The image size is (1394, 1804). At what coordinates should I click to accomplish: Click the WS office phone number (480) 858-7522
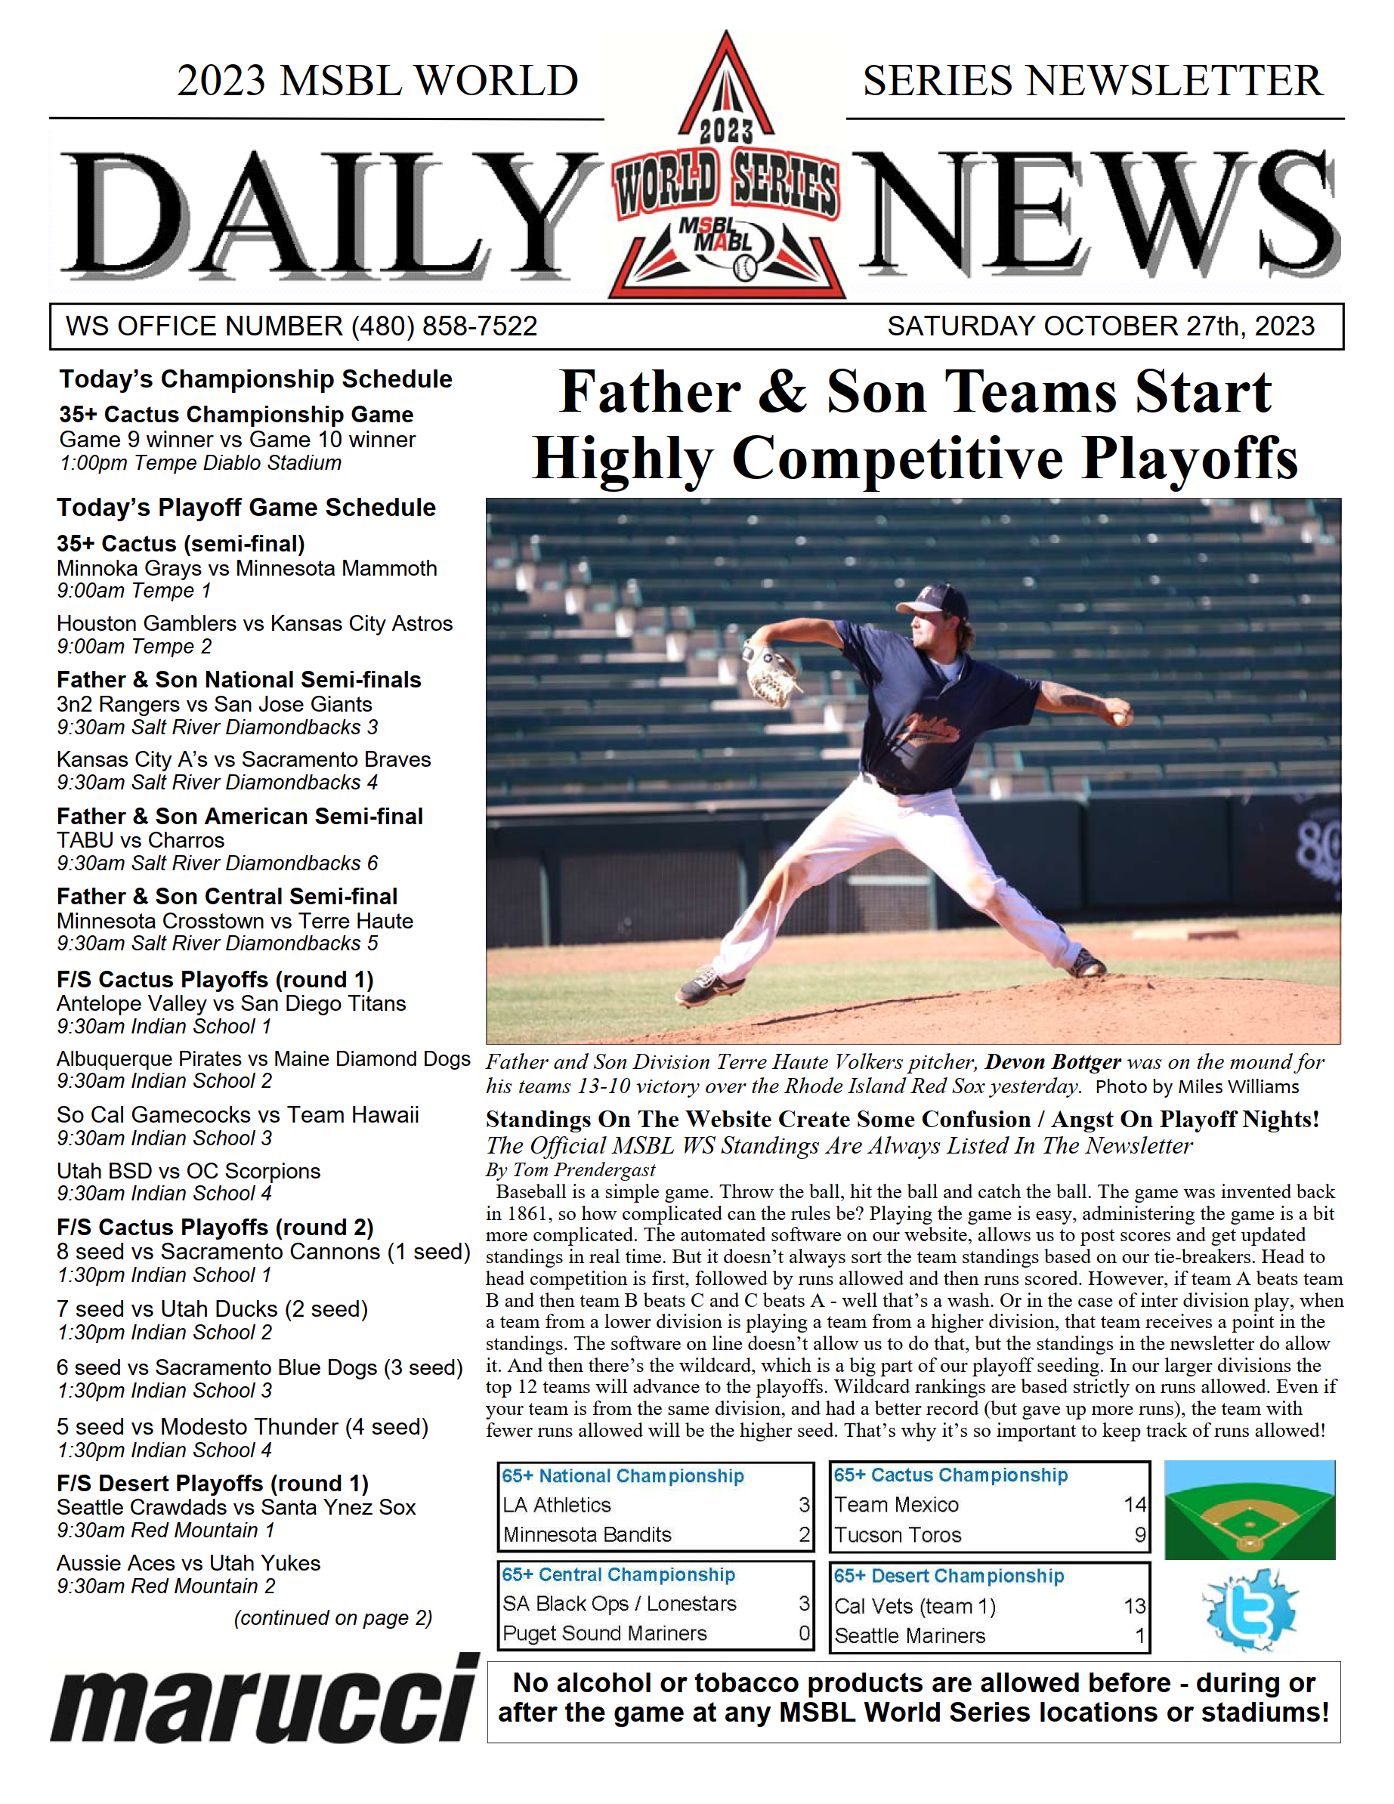444,326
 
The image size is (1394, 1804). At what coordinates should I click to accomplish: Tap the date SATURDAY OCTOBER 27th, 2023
1100,326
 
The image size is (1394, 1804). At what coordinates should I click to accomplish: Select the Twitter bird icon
1250,1611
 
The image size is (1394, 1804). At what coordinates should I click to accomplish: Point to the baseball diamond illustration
1249,1511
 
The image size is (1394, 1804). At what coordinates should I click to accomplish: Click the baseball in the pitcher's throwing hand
1121,717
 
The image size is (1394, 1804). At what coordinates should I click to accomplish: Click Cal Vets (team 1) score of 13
1133,1606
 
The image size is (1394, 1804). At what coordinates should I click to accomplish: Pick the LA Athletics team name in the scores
557,1505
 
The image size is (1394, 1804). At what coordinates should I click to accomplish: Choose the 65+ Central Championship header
618,1574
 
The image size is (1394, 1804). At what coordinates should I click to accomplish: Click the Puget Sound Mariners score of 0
804,1633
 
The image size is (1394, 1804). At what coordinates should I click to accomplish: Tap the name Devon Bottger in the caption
1052,1062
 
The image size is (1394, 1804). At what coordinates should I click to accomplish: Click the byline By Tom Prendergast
570,1169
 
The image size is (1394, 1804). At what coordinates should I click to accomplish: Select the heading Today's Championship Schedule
255,379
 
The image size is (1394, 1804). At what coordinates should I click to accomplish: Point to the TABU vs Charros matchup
141,840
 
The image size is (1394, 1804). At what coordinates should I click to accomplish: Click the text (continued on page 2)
333,1617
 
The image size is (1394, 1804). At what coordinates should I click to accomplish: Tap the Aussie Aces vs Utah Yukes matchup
188,1563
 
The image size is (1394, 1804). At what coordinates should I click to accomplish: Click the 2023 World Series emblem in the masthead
725,174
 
